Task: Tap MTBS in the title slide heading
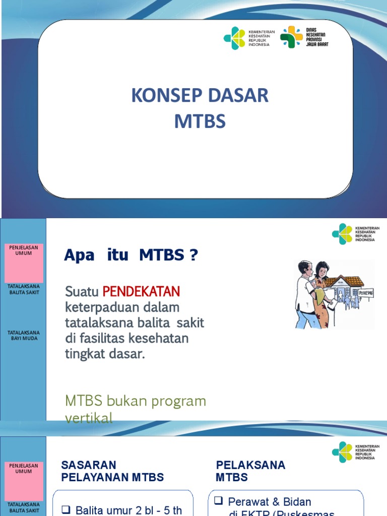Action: coord(200,121)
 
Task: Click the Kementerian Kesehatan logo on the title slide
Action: coord(247,38)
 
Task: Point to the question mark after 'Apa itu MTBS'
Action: coord(193,255)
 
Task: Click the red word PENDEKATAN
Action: coord(141,291)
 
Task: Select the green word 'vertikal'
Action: coord(89,418)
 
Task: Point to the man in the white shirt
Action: coord(305,292)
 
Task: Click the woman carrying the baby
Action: coord(320,295)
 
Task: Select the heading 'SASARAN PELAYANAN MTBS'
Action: coord(112,471)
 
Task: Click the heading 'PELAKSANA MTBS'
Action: coord(250,471)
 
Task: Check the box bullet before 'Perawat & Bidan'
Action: coord(218,501)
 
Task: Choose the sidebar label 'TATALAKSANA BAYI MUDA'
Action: coord(24,335)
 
